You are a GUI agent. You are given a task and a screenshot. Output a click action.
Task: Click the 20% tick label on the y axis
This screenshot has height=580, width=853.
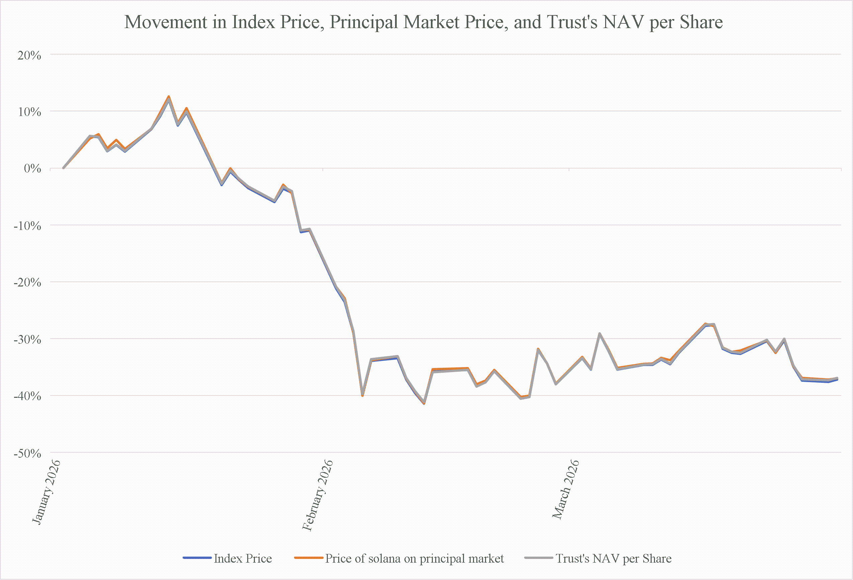pos(29,55)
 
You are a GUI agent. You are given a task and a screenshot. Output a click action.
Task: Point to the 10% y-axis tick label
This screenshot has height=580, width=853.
pos(29,112)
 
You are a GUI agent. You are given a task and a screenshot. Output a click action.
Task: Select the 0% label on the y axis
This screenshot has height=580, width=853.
pos(32,168)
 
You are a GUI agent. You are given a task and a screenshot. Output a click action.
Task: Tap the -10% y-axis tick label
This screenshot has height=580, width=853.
pos(27,226)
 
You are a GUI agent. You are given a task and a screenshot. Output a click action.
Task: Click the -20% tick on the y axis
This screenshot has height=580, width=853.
pos(27,282)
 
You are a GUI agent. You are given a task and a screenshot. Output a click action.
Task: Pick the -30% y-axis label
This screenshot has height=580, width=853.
pos(27,339)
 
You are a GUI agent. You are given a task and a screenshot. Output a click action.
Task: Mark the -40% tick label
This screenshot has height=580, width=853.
pos(27,396)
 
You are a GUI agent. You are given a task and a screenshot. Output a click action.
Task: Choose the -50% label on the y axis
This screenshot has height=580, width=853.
pos(27,453)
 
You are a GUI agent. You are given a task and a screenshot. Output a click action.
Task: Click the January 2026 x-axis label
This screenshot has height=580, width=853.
pos(46,492)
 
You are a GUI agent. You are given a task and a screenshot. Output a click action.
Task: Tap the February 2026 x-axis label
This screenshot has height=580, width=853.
pos(317,495)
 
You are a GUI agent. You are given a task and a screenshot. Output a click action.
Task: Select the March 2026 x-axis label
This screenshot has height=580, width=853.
pos(566,489)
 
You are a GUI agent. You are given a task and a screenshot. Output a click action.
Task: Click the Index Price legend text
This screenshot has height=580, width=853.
pos(243,558)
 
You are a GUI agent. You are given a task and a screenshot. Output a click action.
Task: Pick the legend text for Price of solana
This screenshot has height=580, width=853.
pos(414,558)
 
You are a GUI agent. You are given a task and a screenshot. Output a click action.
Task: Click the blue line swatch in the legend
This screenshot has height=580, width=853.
pos(197,558)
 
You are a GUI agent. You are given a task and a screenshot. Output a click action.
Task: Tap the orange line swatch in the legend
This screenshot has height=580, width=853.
pos(309,558)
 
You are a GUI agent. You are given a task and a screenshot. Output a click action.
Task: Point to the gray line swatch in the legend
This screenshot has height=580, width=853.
pos(539,558)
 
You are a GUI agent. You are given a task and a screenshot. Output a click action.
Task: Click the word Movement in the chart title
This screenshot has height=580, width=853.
pos(166,22)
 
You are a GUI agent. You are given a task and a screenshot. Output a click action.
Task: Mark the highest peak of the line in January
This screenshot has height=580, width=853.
pos(169,97)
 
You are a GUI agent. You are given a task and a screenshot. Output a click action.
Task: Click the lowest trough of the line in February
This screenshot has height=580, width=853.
pos(424,403)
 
